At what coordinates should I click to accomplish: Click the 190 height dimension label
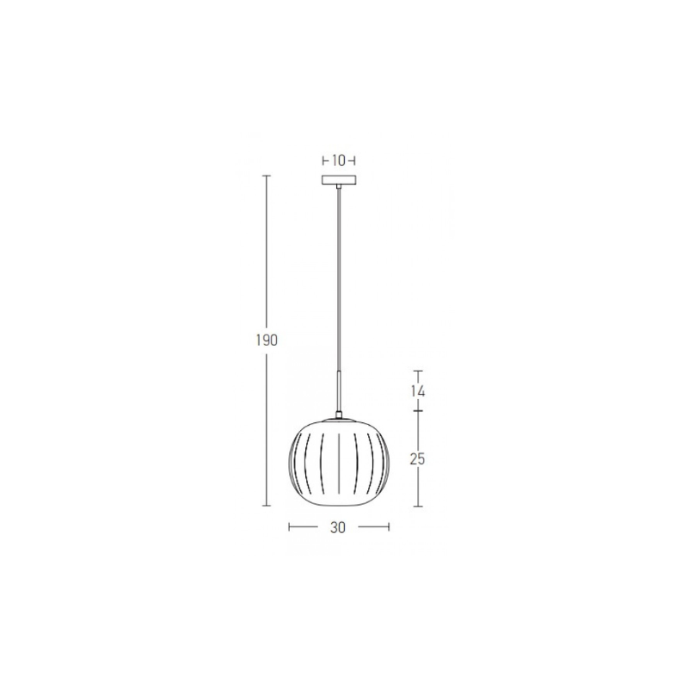tap(267, 340)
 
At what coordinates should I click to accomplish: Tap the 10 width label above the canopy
tap(339, 161)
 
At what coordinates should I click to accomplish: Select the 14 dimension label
tap(418, 390)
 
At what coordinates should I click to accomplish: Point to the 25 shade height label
tap(418, 459)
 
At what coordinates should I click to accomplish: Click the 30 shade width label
tap(338, 527)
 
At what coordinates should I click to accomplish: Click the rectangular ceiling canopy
tap(339, 180)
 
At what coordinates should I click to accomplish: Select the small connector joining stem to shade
tap(339, 415)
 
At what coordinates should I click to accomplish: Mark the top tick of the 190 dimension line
tap(267, 175)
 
